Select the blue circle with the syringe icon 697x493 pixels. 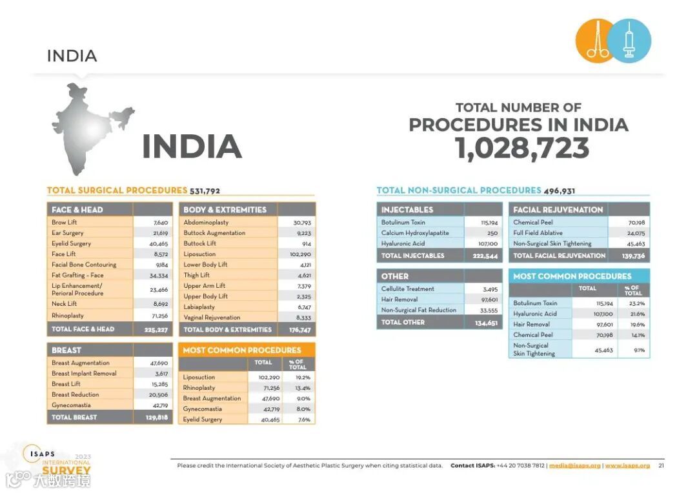click(629, 41)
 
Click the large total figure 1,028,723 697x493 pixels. click(522, 148)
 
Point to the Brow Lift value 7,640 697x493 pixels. click(159, 223)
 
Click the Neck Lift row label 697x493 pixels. click(65, 304)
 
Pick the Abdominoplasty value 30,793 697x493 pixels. click(301, 223)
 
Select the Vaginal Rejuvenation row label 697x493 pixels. click(212, 317)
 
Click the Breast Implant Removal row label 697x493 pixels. click(84, 374)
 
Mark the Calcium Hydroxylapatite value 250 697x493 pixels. click(492, 233)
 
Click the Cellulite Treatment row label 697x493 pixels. click(408, 289)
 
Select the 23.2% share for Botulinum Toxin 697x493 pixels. click(636, 303)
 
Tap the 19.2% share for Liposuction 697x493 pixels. click(303, 377)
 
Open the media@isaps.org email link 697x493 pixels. click(576, 466)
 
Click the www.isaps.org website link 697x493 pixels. click(627, 466)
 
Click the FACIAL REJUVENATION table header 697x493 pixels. click(558, 210)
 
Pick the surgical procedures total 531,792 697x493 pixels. click(205, 191)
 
